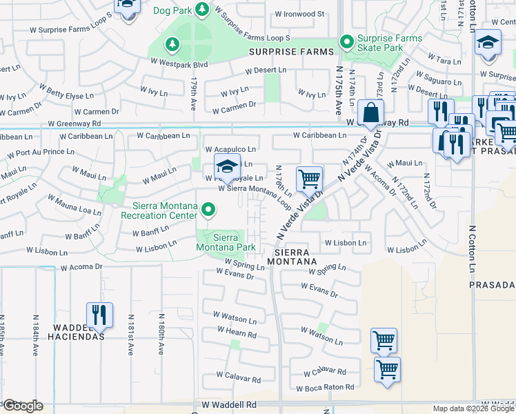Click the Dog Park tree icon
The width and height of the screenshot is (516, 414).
(x=202, y=10)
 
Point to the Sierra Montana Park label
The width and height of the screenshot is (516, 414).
(x=226, y=242)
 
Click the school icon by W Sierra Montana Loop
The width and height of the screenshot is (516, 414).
(x=226, y=167)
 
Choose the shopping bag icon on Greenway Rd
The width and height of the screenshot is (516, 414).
(x=370, y=112)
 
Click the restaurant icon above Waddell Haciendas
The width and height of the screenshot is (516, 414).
(x=100, y=315)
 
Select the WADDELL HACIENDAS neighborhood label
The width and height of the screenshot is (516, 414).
(x=76, y=332)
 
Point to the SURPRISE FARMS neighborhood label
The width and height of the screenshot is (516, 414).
(x=291, y=52)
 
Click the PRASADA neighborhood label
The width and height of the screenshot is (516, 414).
(x=492, y=284)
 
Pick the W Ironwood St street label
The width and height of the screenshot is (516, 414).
(x=299, y=14)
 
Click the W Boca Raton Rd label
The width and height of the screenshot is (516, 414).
(x=326, y=388)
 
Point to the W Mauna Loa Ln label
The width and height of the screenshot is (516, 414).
(x=75, y=204)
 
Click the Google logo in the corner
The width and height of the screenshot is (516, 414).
(x=22, y=406)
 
